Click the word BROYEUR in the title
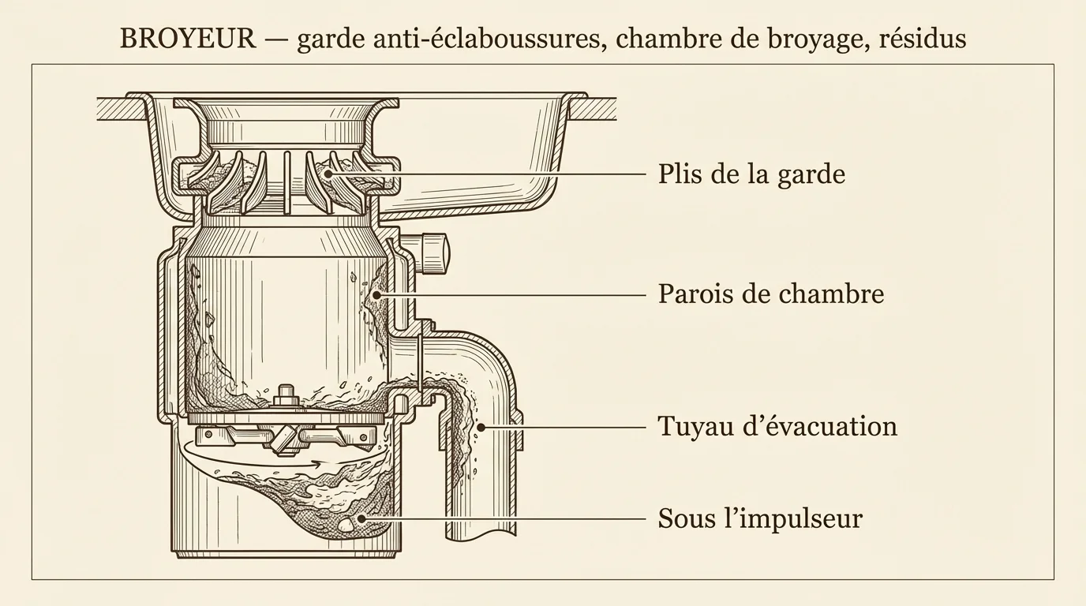(x=188, y=39)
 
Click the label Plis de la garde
(x=751, y=173)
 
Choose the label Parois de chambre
(x=770, y=294)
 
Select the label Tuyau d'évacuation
(x=777, y=427)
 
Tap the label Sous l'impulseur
(x=760, y=518)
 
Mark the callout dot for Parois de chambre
(x=376, y=294)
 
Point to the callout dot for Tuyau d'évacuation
(x=481, y=428)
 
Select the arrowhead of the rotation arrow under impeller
(x=320, y=463)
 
